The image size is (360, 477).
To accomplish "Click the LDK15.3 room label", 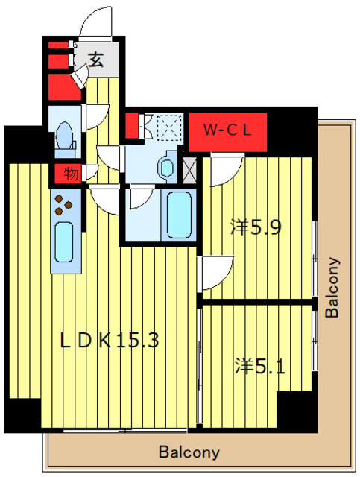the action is coord(110,340).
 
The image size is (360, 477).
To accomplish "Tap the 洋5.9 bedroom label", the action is coord(256,227).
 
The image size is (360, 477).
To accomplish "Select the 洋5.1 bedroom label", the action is coord(260,366).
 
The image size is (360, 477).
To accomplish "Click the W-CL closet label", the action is coord(227,130).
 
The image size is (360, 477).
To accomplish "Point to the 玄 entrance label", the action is coord(96,60).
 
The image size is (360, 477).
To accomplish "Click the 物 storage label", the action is coord(71,174).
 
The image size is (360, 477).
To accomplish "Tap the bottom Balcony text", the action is coord(189,452).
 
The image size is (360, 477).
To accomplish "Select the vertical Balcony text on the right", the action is coord(332,288).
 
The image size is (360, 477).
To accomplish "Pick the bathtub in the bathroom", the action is coord(179,215).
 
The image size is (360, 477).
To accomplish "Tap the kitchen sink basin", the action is coord(64,241).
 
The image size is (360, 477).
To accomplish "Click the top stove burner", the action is coord(59,199).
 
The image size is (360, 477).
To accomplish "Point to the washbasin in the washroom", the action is coord(167,167).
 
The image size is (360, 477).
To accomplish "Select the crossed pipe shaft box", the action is coord(189,171).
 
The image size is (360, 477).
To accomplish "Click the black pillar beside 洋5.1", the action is coord(297,410).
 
